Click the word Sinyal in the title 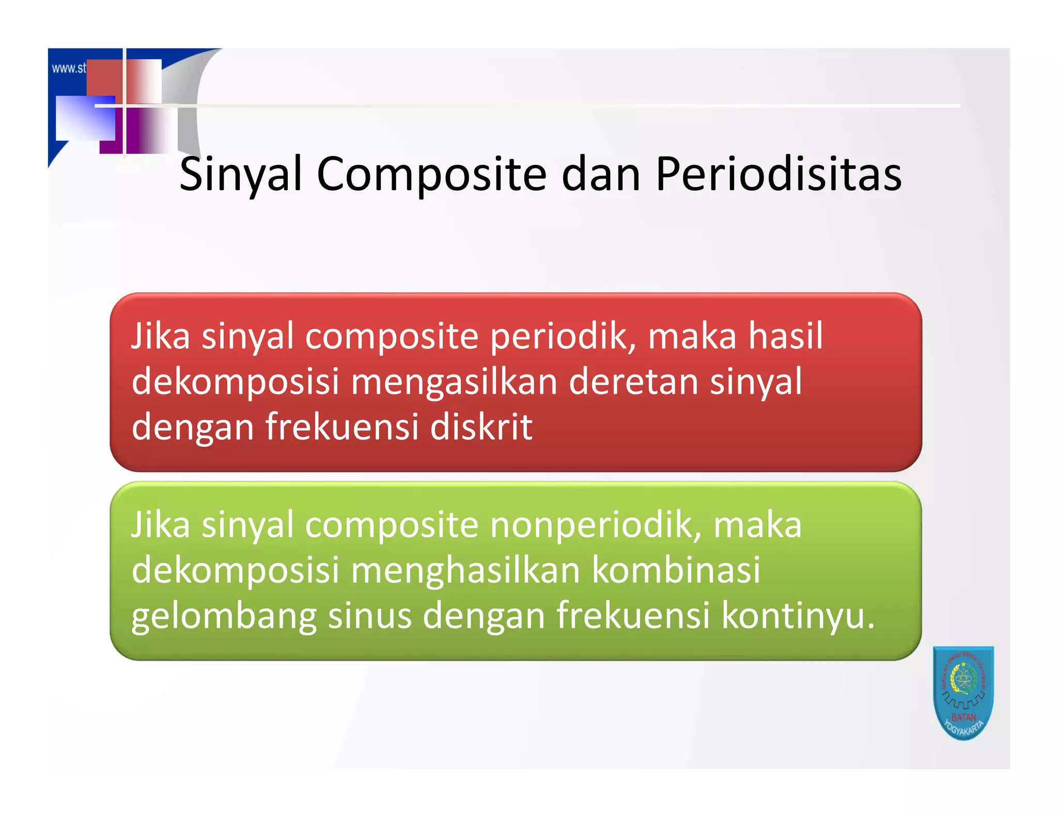coord(240,175)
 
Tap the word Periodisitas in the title coord(779,175)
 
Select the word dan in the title coord(601,175)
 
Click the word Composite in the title coord(431,175)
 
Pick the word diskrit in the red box coord(481,427)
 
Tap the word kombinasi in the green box coord(676,571)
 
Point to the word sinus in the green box coord(370,616)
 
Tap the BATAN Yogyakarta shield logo coord(963,693)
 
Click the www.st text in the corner coord(68,68)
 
